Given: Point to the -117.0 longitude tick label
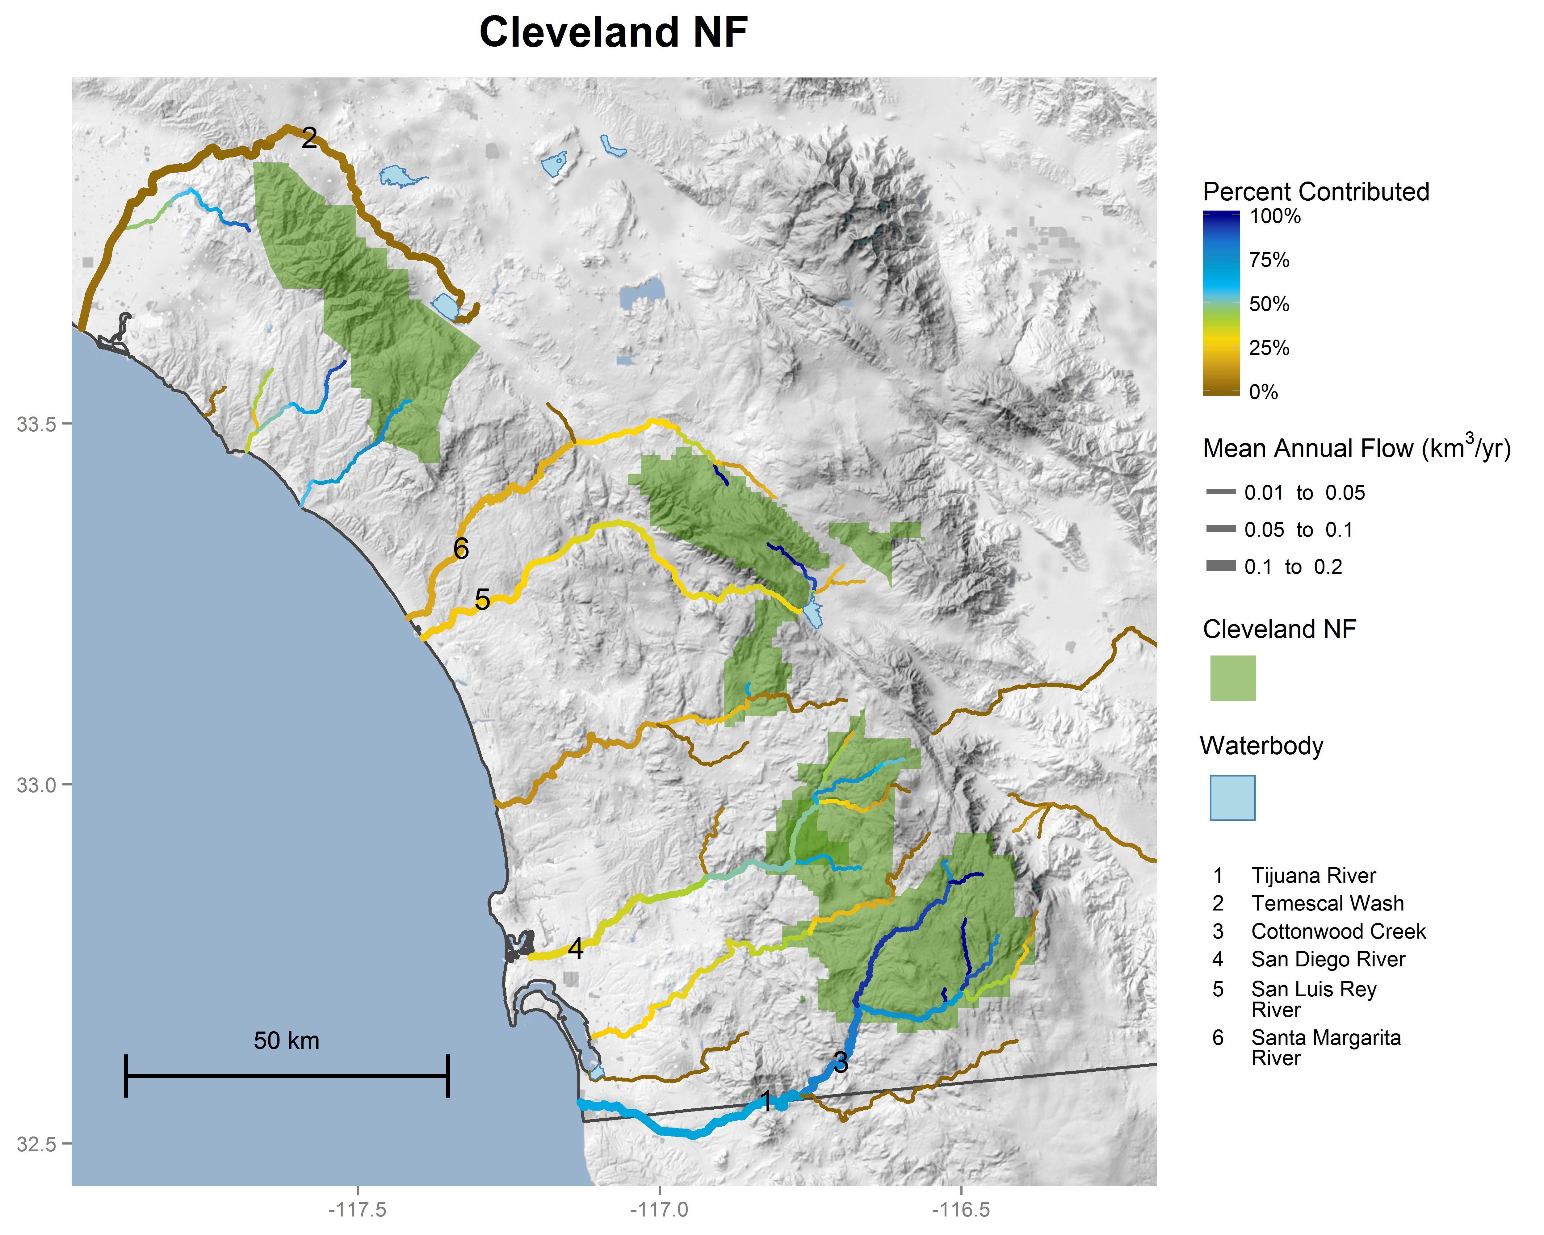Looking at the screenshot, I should pyautogui.click(x=659, y=1209).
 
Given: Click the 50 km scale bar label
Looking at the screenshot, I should pyautogui.click(x=287, y=1040).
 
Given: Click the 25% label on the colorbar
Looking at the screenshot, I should pyautogui.click(x=1269, y=348).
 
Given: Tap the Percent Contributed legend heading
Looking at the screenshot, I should pyautogui.click(x=1315, y=192).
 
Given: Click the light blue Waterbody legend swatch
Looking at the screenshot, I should pyautogui.click(x=1232, y=798).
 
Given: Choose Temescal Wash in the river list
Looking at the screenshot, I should pyautogui.click(x=1327, y=903).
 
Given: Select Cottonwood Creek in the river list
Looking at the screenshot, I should pyautogui.click(x=1338, y=931).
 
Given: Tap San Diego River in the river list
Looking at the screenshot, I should pyautogui.click(x=1328, y=959).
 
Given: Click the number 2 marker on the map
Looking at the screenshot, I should pyautogui.click(x=309, y=138).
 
